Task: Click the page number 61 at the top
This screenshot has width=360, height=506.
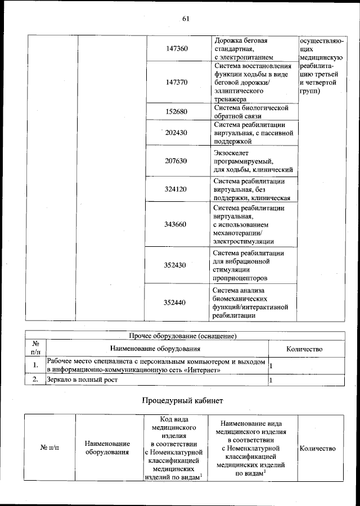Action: tap(186, 19)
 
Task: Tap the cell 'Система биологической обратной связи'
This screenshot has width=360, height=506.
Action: tap(251, 111)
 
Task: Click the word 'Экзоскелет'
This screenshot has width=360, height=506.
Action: tap(232, 152)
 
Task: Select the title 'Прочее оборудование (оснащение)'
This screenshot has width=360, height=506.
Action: tap(182, 336)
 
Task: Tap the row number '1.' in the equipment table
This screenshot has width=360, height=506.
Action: tap(35, 365)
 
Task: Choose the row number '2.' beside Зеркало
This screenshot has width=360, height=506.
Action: tap(35, 380)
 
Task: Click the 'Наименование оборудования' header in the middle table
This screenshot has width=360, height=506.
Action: tap(156, 349)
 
